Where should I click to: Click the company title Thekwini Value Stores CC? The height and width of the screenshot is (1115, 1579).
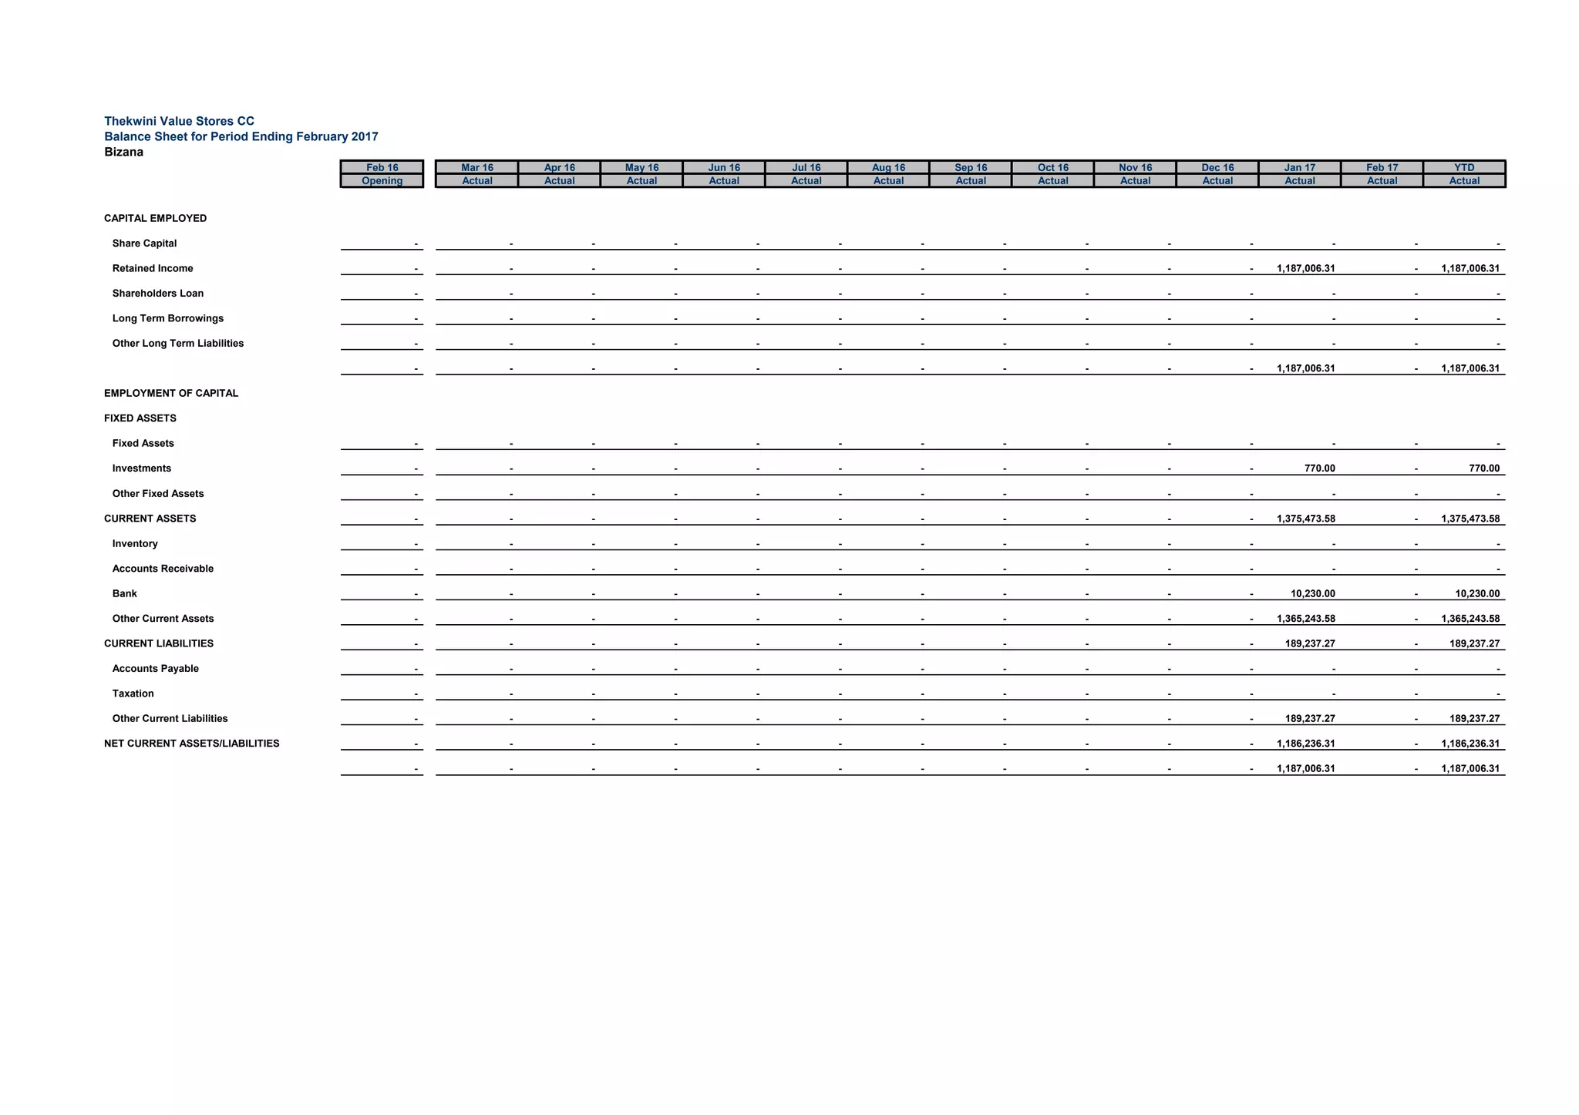click(179, 121)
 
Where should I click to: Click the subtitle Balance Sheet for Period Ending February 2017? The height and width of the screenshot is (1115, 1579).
click(241, 136)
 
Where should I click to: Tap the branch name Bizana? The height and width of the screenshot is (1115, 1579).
click(123, 152)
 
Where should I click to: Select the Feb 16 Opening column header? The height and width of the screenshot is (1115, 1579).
click(382, 173)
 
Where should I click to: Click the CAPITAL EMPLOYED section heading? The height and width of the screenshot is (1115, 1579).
click(155, 218)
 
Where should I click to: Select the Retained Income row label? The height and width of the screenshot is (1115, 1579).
click(153, 268)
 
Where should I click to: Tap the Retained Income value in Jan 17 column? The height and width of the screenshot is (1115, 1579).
click(1305, 268)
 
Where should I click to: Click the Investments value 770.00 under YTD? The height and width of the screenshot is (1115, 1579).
click(1483, 469)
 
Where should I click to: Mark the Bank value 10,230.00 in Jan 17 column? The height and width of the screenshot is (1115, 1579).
click(1312, 593)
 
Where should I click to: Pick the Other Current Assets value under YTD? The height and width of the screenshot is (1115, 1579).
click(1470, 619)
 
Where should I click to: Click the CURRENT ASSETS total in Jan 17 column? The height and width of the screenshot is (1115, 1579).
click(1305, 519)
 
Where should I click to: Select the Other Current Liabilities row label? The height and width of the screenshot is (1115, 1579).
click(170, 718)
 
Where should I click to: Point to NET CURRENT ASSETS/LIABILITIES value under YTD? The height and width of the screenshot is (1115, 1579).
click(1470, 744)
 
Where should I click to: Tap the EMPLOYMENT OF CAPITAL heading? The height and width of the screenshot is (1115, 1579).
click(171, 393)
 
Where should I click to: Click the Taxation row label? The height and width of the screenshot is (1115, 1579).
click(133, 694)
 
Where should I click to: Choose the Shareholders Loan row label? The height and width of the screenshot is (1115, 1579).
click(157, 293)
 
